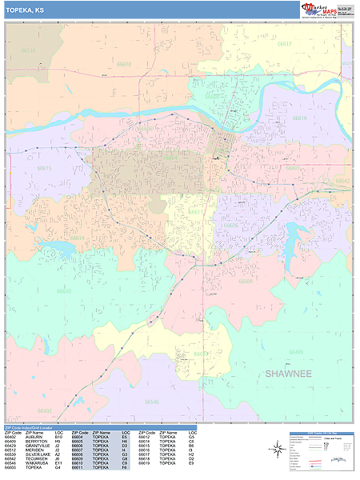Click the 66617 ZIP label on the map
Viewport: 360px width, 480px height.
(285, 45)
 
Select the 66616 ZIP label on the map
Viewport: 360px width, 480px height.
(299, 118)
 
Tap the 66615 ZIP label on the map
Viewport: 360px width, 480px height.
(44, 168)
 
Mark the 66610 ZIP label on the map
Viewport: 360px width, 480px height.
(64, 291)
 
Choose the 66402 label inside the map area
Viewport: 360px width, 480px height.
(44, 410)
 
